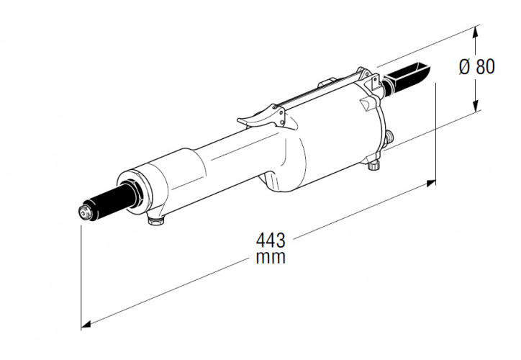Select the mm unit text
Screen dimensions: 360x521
click(x=270, y=257)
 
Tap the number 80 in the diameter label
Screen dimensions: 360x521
click(x=485, y=67)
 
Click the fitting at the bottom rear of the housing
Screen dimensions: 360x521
click(x=373, y=165)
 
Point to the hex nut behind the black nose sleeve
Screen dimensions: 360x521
click(x=132, y=191)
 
